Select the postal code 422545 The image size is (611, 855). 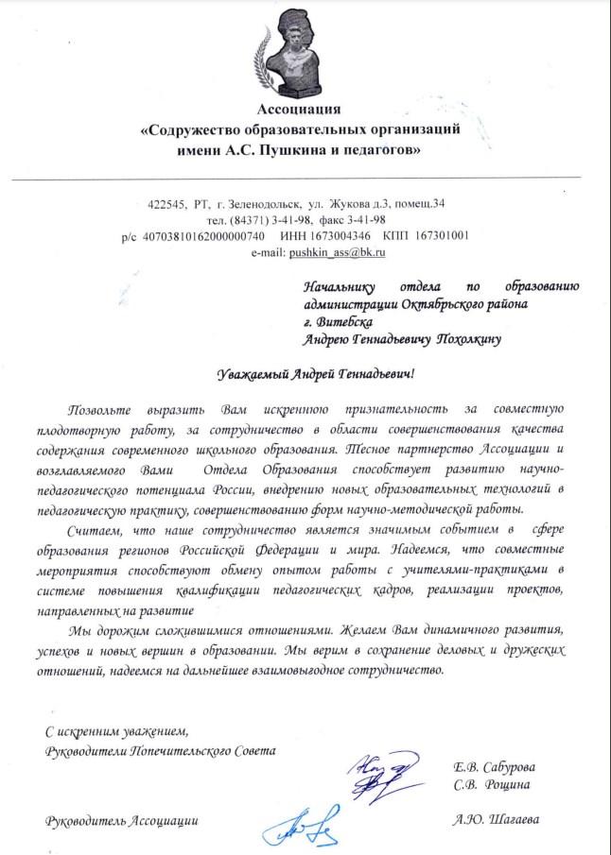pyautogui.click(x=167, y=203)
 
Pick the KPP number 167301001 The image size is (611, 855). pyautogui.click(x=440, y=235)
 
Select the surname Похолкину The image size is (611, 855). pyautogui.click(x=482, y=338)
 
